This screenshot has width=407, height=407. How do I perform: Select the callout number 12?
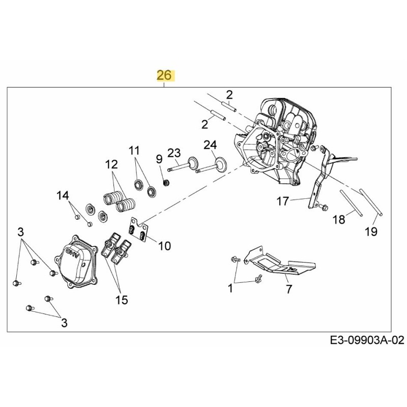(111, 164)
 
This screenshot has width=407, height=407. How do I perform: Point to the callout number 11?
(133, 151)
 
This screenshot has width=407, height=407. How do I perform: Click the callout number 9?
(159, 159)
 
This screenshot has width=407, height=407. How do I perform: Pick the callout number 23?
(174, 153)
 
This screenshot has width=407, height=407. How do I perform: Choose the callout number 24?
(210, 146)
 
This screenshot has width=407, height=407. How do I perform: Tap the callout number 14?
(62, 195)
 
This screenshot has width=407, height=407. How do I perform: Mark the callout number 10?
(164, 246)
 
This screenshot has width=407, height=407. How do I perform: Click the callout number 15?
(121, 300)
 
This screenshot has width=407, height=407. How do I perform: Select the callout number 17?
(283, 201)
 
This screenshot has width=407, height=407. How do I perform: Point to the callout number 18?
(339, 219)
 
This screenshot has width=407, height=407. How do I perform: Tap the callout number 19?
(371, 231)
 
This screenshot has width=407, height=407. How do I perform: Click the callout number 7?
(288, 289)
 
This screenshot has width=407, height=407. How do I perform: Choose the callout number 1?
(230, 289)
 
